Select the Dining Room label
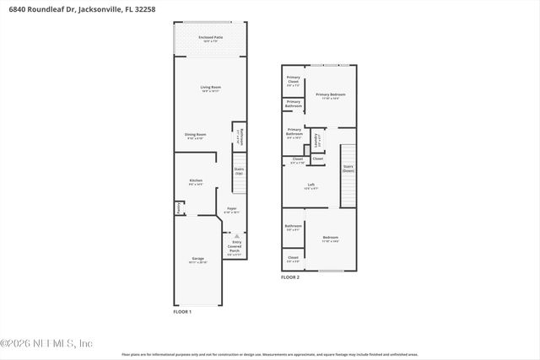pyautogui.click(x=196, y=136)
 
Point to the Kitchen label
pyautogui.click(x=196, y=181)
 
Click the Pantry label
pyautogui.click(x=179, y=207)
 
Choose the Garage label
pyautogui.click(x=197, y=260)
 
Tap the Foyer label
pyautogui.click(x=232, y=209)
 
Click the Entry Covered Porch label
pyautogui.click(x=236, y=246)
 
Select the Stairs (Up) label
pyautogui.click(x=239, y=171)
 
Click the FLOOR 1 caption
pyautogui.click(x=182, y=313)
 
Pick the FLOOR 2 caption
pyautogui.click(x=290, y=277)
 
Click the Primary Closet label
pyautogui.click(x=293, y=81)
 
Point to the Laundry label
pyautogui.click(x=316, y=138)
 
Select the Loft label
pyautogui.click(x=310, y=186)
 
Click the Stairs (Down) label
pyautogui.click(x=348, y=168)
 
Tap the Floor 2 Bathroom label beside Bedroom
pyautogui.click(x=293, y=227)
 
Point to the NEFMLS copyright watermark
pyautogui.click(x=46, y=343)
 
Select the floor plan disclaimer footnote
pyautogui.click(x=269, y=355)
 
